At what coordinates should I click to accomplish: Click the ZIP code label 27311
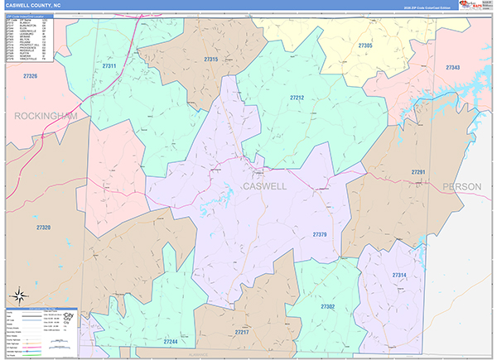(109, 65)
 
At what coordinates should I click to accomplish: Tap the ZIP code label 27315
(210, 60)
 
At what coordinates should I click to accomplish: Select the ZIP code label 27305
(365, 45)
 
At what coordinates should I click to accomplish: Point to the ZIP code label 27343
(452, 67)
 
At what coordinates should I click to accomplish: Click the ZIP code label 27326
(31, 76)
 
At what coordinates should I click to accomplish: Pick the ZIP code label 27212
(297, 98)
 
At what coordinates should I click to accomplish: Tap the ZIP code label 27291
(418, 171)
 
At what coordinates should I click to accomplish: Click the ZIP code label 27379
(320, 235)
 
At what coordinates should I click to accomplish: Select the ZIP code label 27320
(43, 227)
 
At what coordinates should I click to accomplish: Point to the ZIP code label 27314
(399, 275)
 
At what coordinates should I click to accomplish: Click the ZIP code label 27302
(326, 306)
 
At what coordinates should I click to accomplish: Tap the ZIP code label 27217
(242, 332)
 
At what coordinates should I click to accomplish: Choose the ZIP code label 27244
(171, 341)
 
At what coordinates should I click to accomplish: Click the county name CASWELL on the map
(265, 186)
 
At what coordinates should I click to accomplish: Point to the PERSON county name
(461, 186)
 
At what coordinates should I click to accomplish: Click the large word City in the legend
(69, 316)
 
